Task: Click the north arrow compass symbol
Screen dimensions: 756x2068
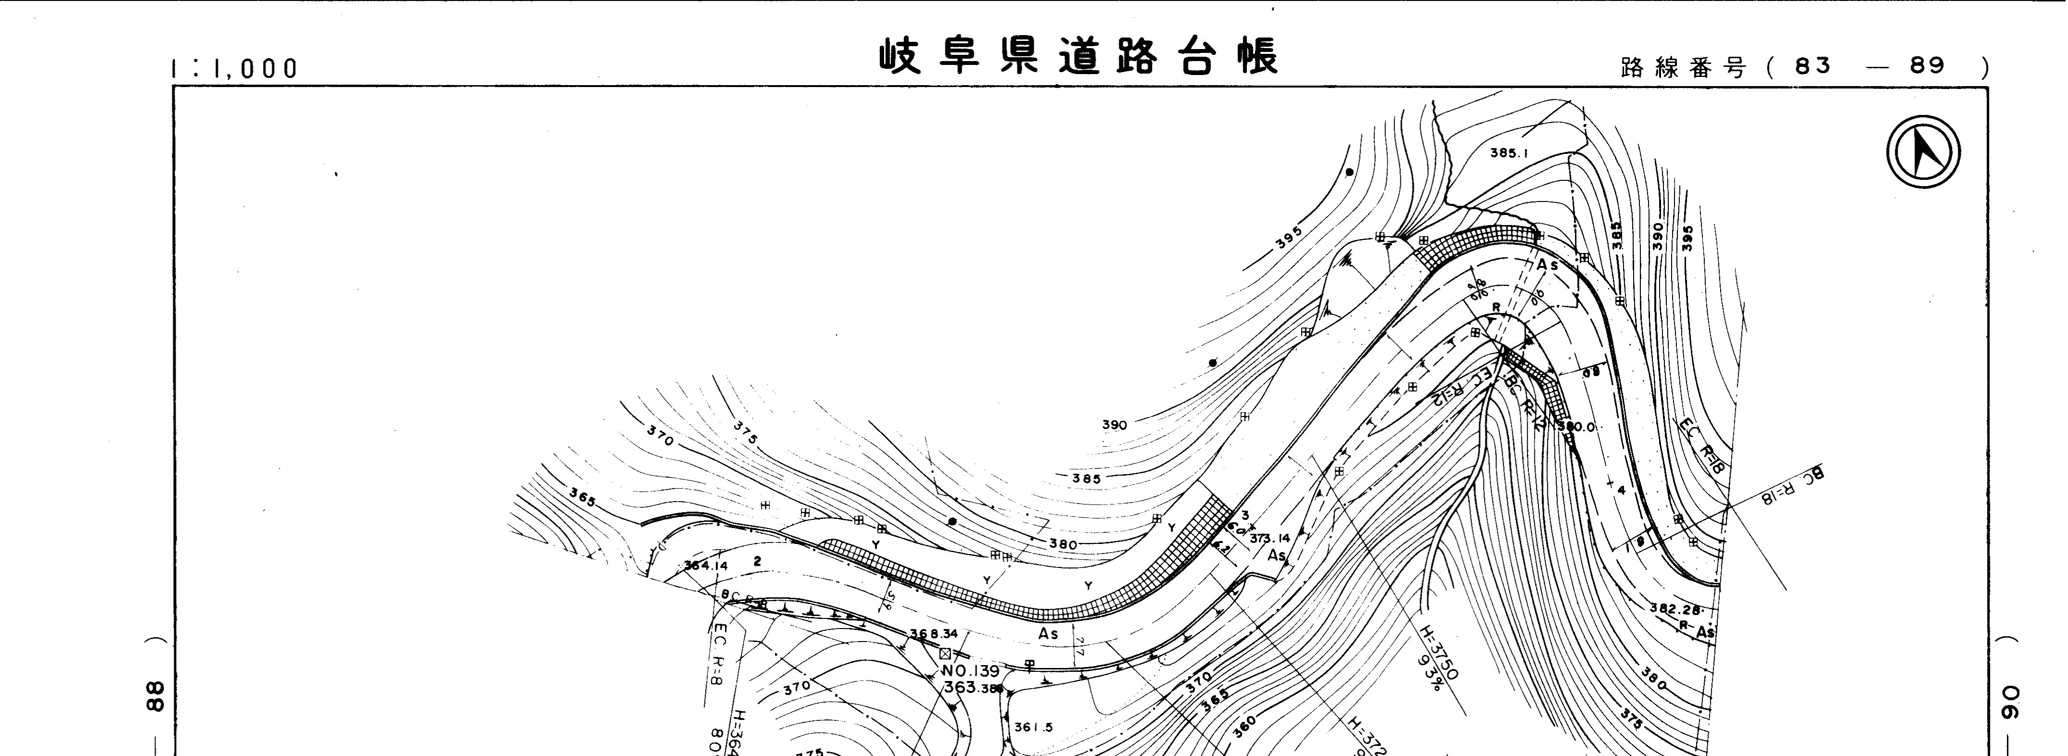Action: coord(1923,152)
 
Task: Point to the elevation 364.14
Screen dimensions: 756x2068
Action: coord(706,565)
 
